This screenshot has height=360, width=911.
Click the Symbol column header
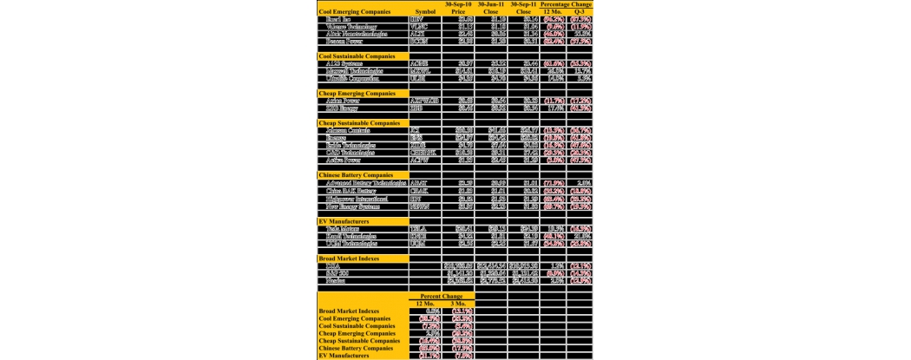click(425, 11)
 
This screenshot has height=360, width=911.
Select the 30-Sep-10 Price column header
click(459, 8)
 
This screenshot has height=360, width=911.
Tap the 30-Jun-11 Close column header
click(492, 8)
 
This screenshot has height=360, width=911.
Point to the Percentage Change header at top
click(566, 4)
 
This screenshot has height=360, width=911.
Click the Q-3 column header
click(579, 11)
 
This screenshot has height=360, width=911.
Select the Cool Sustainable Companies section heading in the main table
click(363, 56)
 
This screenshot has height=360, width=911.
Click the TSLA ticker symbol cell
click(418, 229)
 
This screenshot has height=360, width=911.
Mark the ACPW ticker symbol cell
click(419, 160)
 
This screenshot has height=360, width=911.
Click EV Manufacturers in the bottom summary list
click(348, 356)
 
